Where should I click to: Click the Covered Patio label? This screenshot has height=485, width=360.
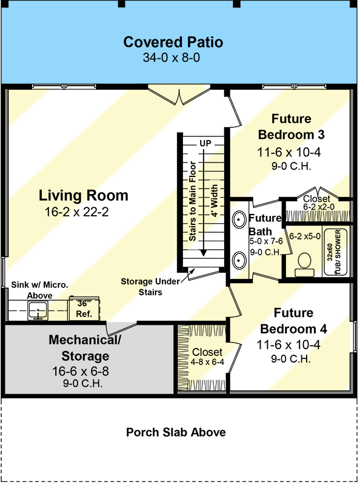tap(173, 42)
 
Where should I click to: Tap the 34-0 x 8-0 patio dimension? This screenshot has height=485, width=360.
tap(173, 58)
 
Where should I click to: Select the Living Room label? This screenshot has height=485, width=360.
tap(84, 196)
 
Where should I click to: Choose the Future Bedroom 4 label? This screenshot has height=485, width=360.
tap(293, 321)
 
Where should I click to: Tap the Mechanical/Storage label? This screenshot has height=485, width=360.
tap(85, 348)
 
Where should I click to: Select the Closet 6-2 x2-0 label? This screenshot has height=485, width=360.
tap(316, 202)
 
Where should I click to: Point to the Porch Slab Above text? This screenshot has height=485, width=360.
tap(176, 432)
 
